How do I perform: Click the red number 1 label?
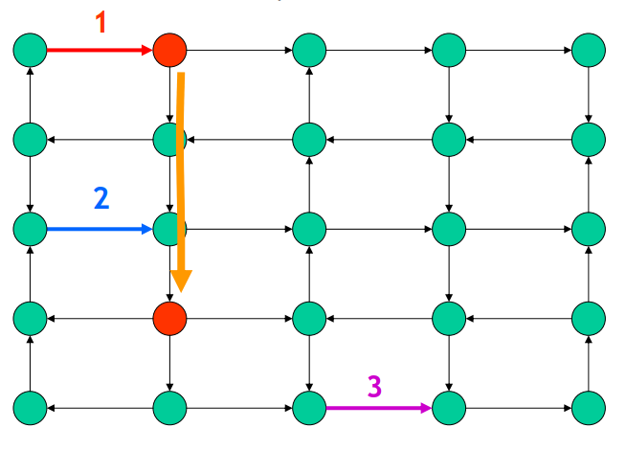102,20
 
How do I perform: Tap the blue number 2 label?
101,198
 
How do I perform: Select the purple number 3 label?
374,386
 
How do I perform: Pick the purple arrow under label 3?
378,408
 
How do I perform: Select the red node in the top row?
169,48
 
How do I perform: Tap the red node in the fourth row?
169,316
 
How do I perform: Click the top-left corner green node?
31,48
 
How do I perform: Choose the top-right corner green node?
588,48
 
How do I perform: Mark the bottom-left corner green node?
31,408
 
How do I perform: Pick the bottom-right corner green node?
588,408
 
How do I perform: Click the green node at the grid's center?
309,229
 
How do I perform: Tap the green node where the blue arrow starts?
31,229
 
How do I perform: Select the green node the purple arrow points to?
448,408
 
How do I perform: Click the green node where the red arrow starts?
31,48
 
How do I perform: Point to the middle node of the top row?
309,48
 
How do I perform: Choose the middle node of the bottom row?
309,408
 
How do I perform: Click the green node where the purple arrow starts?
309,408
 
